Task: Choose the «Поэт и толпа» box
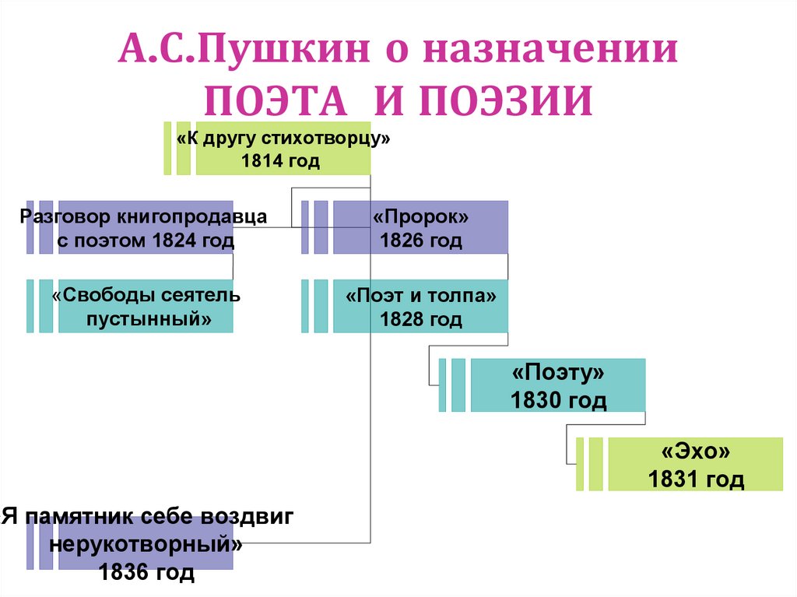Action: (x=420, y=307)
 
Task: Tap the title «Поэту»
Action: (x=558, y=373)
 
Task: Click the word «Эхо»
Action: (x=696, y=452)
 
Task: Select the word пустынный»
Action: (x=147, y=319)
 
